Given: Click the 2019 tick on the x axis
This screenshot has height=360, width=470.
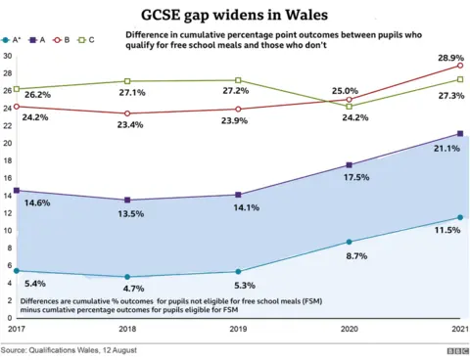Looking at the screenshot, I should (238, 330).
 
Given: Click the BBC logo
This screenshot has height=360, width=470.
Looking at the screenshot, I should (457, 350).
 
